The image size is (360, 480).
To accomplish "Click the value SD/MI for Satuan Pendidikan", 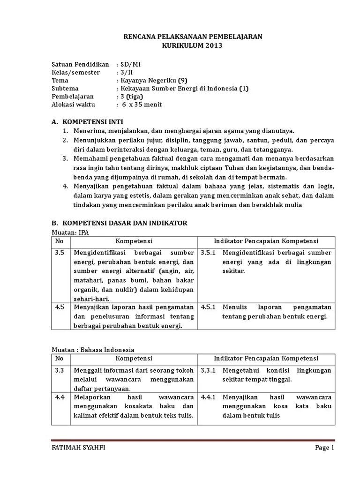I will tap(127, 64).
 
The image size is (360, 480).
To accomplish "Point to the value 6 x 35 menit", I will tap(141, 105).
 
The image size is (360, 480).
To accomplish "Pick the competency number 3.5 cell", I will tap(59, 253).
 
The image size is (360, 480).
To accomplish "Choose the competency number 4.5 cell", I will tap(59, 307).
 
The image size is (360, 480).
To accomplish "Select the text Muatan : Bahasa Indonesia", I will tap(92, 350).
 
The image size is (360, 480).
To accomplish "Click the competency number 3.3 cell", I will tap(59, 370).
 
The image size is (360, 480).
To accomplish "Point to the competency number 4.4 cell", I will tap(59, 397).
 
